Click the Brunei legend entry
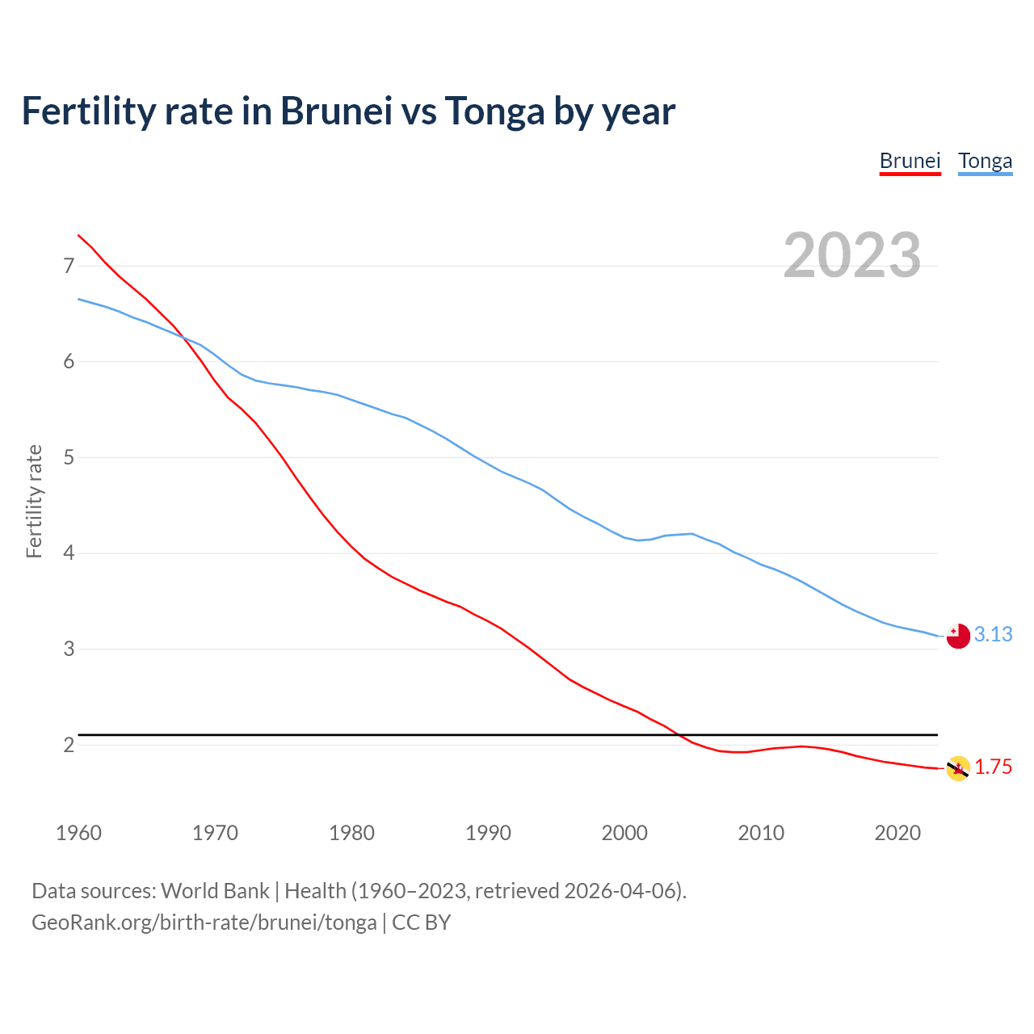pos(910,161)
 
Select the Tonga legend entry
pos(985,161)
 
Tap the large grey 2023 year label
pos(851,255)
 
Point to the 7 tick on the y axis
pos(69,266)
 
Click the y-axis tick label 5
pos(69,458)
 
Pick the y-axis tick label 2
pos(69,745)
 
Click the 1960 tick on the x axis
pos(78,833)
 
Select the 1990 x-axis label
pos(488,833)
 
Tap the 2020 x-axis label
pos(897,833)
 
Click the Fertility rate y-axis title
pos(34,501)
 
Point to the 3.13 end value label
pos(993,635)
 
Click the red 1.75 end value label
pos(993,767)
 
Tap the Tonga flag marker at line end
pos(958,637)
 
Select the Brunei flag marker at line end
pos(958,768)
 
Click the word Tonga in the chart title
pos(494,111)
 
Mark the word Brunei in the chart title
pos(336,111)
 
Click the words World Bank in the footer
pos(215,891)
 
